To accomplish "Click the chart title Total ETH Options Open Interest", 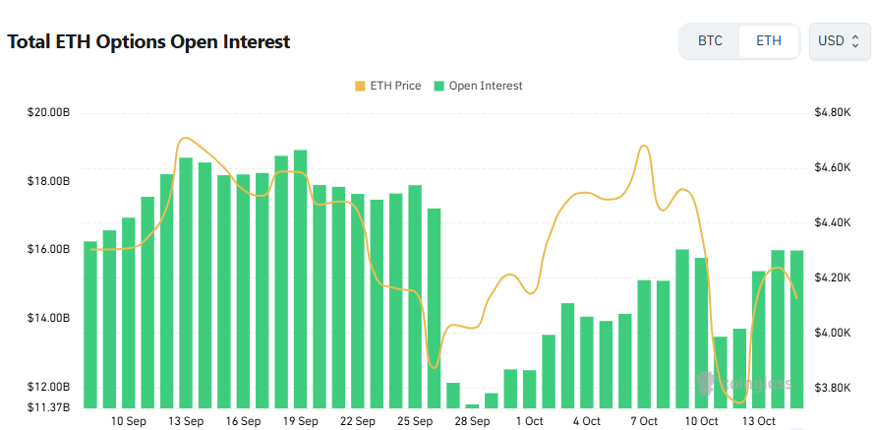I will (148, 42).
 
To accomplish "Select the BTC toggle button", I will (710, 41).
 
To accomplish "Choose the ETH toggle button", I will (769, 41).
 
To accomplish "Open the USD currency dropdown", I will (839, 41).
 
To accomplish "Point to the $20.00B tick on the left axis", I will (48, 113).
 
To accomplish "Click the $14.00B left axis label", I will (48, 319).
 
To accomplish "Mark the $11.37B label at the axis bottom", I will (48, 407).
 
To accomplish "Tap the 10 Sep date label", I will (129, 421).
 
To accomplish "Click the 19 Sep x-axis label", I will (301, 421).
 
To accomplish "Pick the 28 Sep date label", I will (473, 421).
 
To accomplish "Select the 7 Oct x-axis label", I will (645, 421).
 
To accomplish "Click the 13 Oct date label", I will (759, 421).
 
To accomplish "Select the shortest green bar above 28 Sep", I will (472, 405).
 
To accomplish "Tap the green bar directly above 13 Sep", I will (186, 282).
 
